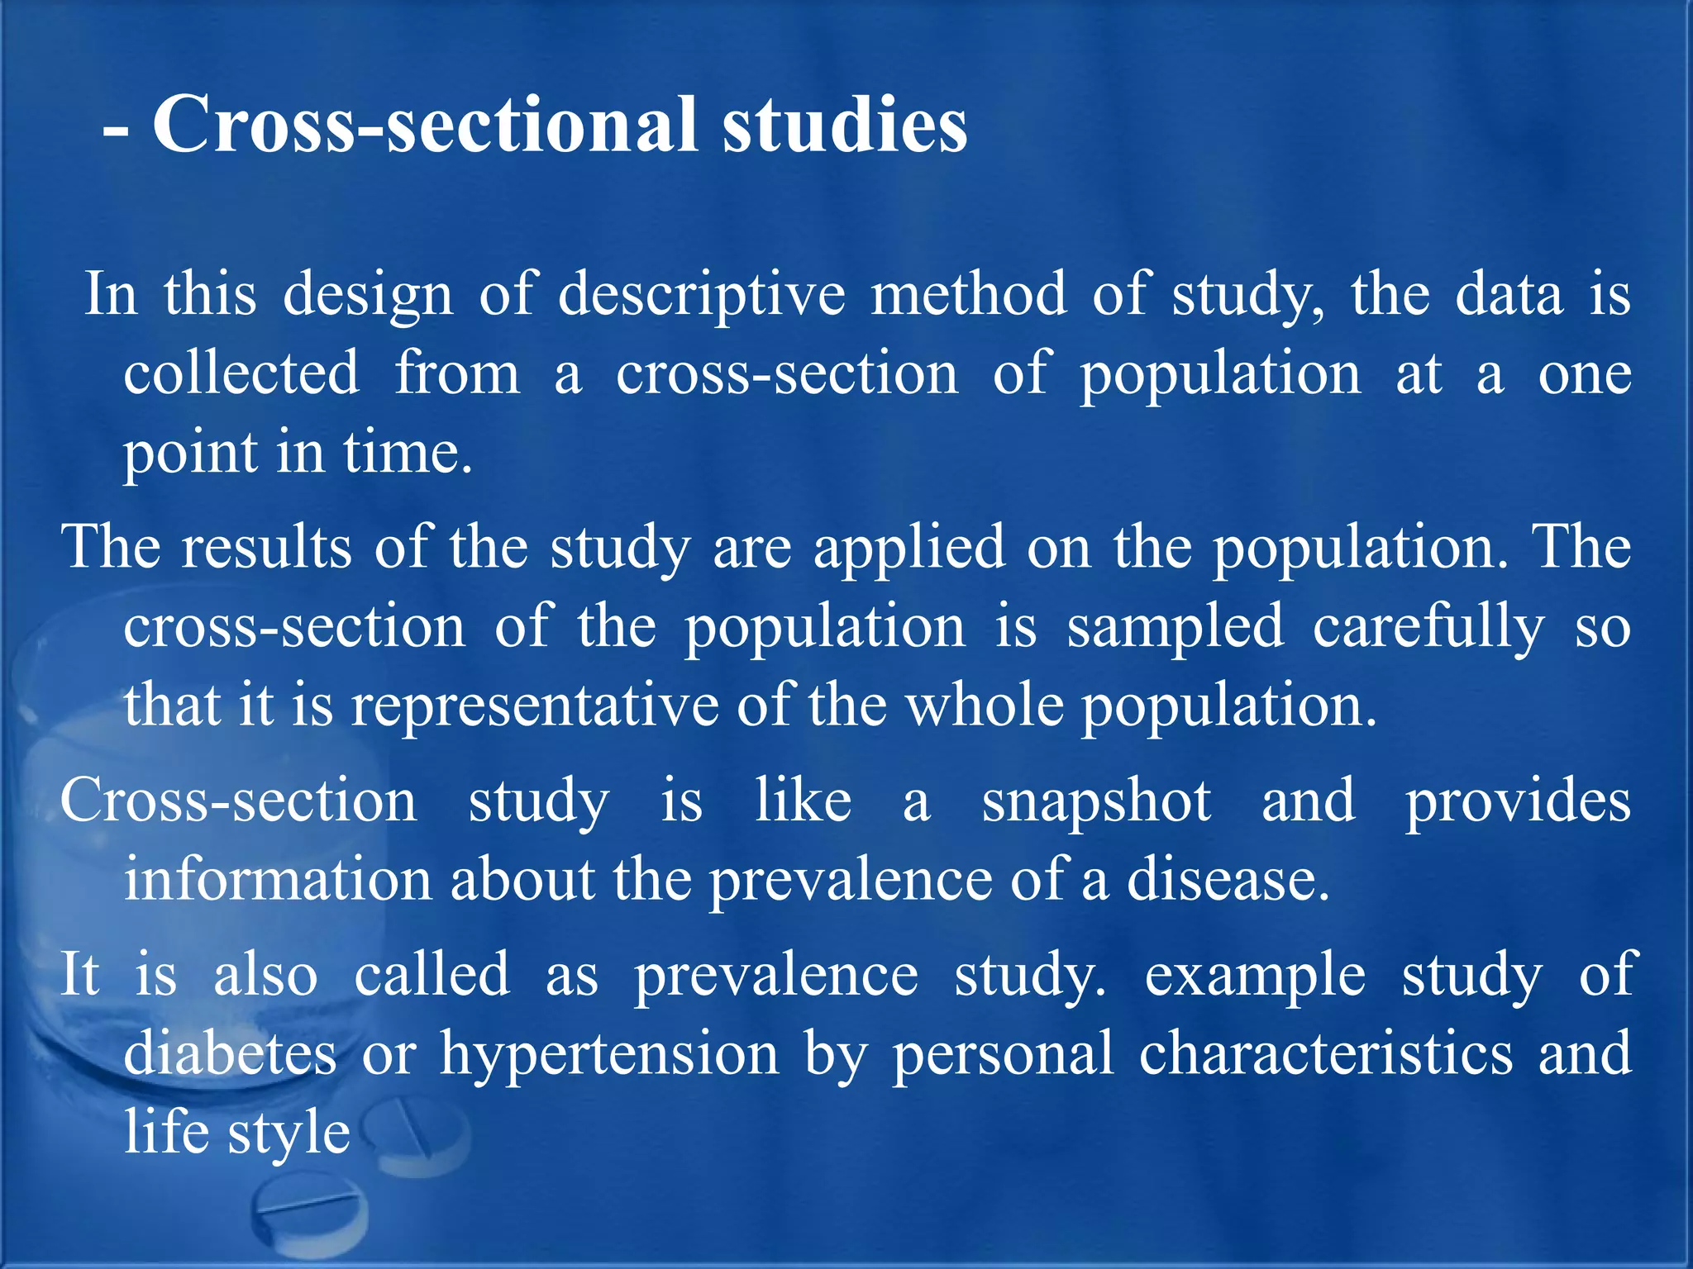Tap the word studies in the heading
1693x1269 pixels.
pyautogui.click(x=844, y=126)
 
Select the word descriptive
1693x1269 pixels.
pyautogui.click(x=702, y=296)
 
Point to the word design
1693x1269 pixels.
pyautogui.click(x=368, y=296)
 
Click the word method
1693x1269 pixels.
pyautogui.click(x=969, y=294)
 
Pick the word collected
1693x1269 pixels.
pyautogui.click(x=241, y=373)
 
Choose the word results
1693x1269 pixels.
pyautogui.click(x=266, y=547)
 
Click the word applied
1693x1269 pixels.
pyautogui.click(x=909, y=549)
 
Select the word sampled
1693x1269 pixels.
pyautogui.click(x=1175, y=628)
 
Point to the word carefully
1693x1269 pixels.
pyautogui.click(x=1428, y=628)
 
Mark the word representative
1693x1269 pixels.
pyautogui.click(x=535, y=706)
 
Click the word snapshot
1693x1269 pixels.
pyautogui.click(x=1096, y=801)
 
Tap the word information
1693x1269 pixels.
pyautogui.click(x=278, y=880)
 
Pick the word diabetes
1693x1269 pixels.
pyautogui.click(x=230, y=1053)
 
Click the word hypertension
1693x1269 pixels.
pyautogui.click(x=609, y=1055)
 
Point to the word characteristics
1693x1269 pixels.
pyautogui.click(x=1326, y=1053)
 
